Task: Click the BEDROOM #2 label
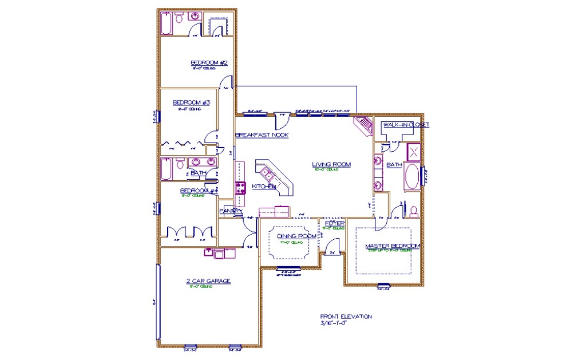point(209,62)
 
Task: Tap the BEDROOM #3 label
point(192,103)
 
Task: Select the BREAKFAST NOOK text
point(262,135)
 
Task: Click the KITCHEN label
point(264,187)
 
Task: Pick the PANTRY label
point(230,211)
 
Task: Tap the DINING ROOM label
point(296,236)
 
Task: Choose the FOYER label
point(334,223)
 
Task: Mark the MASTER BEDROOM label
point(393,246)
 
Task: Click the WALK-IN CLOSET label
point(406,124)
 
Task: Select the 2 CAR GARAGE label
point(208,281)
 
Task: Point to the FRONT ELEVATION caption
point(346,316)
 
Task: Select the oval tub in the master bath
point(412,177)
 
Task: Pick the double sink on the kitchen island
point(267,173)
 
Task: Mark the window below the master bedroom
point(383,286)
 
